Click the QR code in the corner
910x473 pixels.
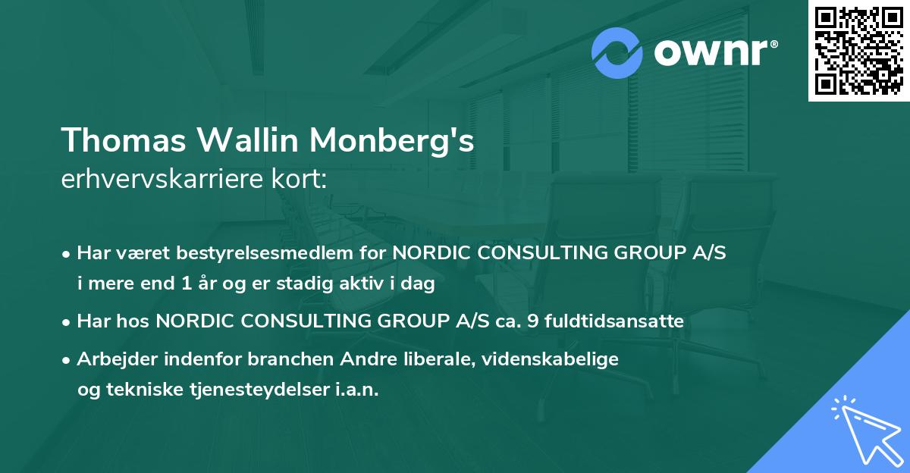coord(858,50)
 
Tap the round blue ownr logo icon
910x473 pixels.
coord(617,52)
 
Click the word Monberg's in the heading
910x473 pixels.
coord(393,142)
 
